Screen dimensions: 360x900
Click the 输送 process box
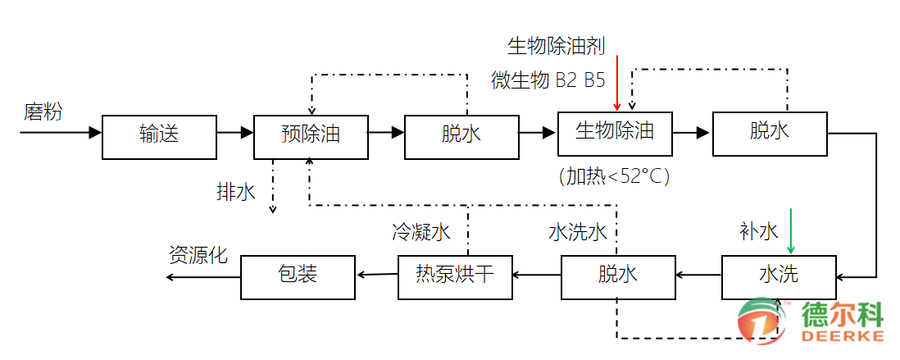159,136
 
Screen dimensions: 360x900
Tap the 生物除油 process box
615,131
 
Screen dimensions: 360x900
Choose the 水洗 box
779,276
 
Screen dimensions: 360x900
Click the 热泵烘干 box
456,276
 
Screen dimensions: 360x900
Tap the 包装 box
298,276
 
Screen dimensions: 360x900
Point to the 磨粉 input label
42,112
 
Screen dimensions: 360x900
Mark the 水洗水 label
577,232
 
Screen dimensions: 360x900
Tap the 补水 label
758,232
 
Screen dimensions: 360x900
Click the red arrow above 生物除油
617,82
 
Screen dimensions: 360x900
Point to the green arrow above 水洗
790,231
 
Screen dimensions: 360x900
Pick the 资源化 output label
198,253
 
